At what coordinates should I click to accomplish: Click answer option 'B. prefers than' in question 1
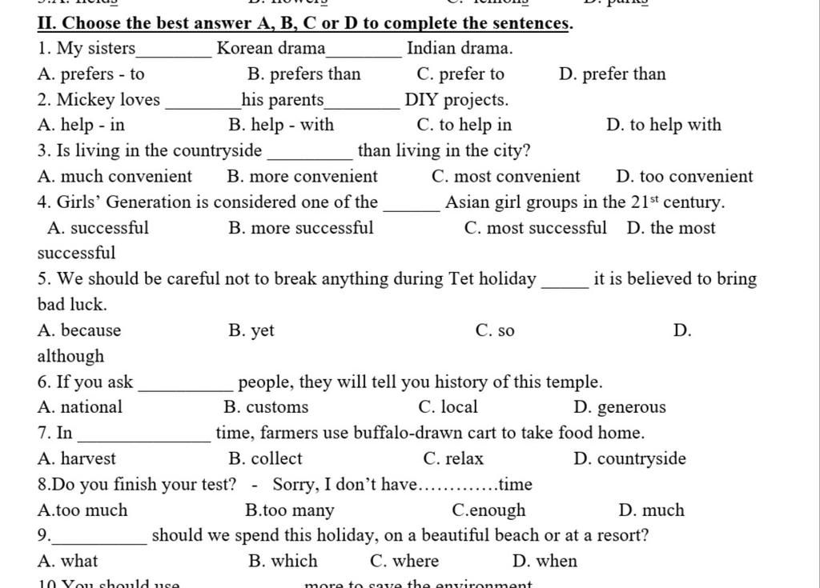(304, 74)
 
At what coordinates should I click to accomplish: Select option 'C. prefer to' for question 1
(460, 74)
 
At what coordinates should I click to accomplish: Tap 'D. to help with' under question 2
(664, 125)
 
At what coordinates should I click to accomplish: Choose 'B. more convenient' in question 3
(302, 177)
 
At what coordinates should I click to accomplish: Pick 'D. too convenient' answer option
(685, 177)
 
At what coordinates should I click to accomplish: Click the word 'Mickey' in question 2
(86, 100)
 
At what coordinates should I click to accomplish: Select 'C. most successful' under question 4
(535, 228)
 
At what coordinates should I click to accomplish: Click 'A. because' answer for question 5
(79, 330)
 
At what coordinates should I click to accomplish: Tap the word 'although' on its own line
(70, 356)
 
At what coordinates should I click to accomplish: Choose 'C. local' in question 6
(459, 407)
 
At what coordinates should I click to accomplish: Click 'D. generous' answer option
(620, 407)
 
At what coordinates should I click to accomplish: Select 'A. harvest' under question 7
(76, 458)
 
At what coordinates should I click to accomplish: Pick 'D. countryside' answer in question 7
(629, 458)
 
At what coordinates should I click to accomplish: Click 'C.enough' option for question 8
(488, 510)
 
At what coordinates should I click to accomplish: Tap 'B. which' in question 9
(283, 561)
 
